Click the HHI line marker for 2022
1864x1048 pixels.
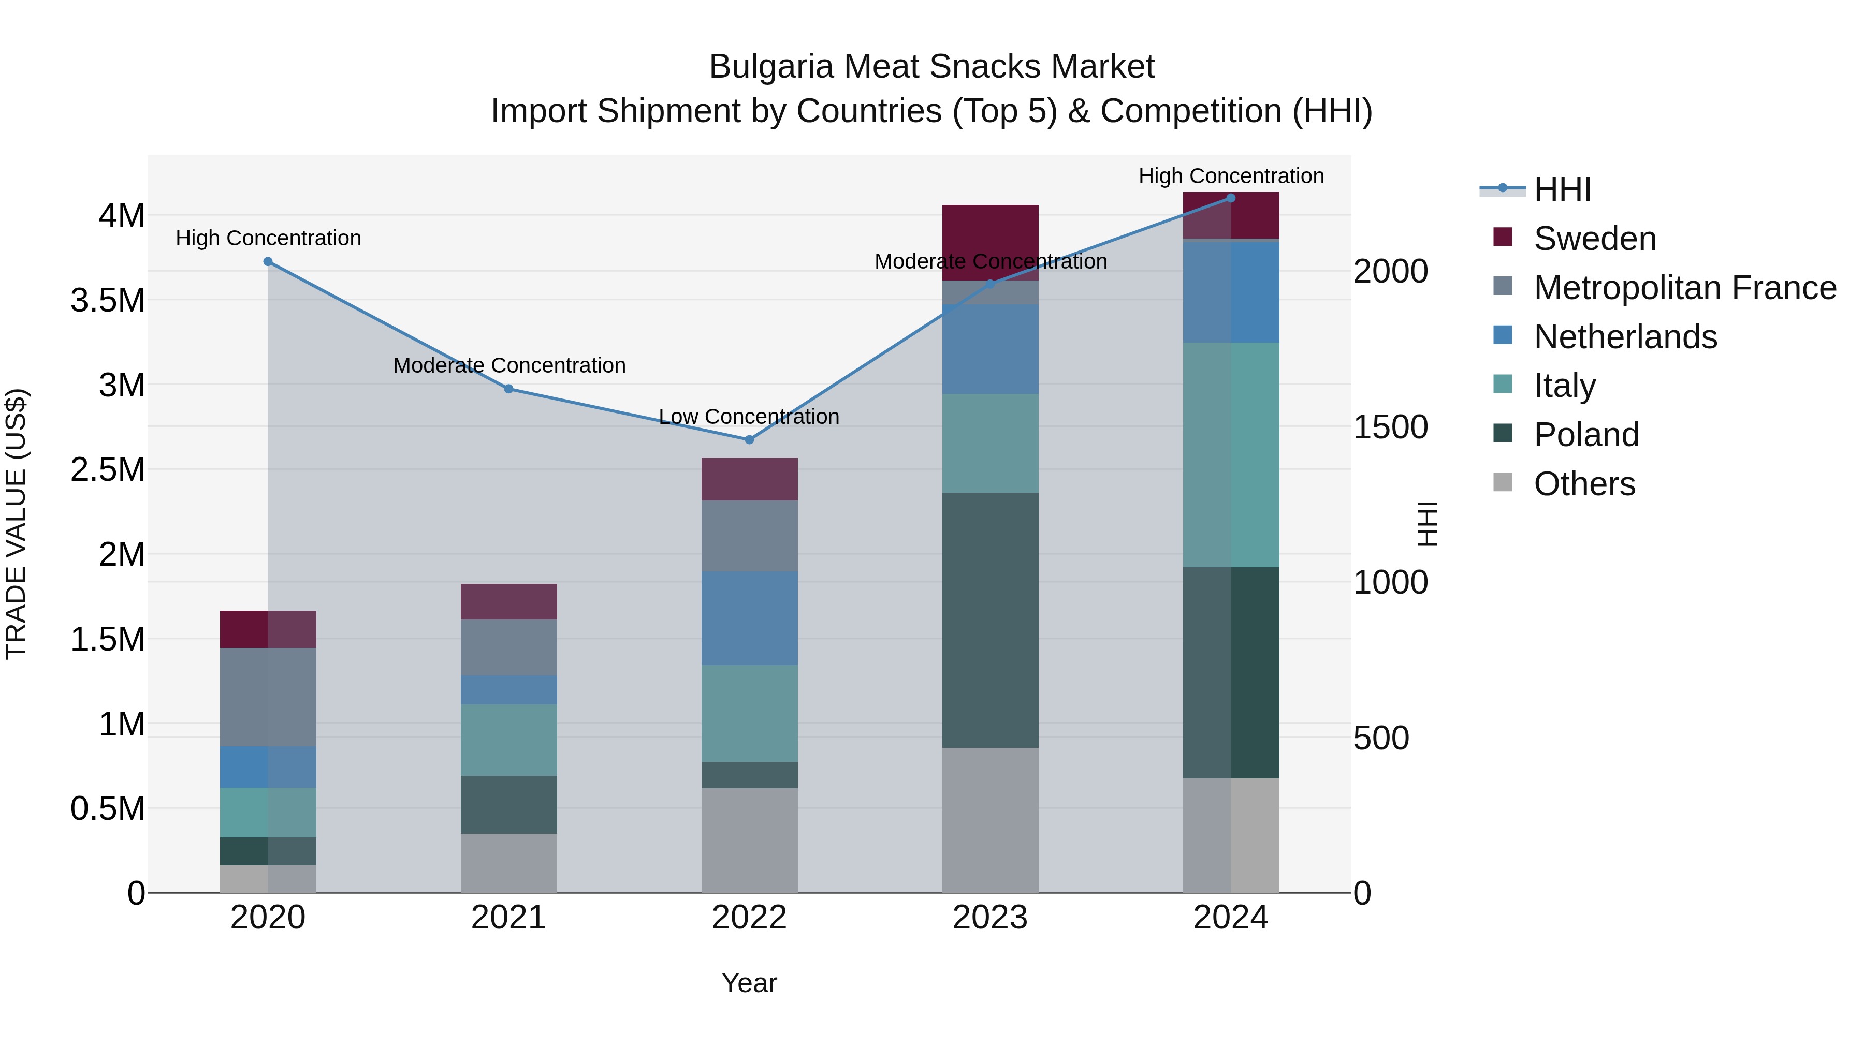(x=749, y=440)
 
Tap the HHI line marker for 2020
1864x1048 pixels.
(x=268, y=262)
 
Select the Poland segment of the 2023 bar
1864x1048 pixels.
(x=990, y=620)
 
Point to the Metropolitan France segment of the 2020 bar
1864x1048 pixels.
(x=268, y=697)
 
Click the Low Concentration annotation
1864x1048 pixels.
(x=749, y=417)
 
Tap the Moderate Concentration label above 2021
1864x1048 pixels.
(x=508, y=365)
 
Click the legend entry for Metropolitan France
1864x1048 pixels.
(x=1684, y=288)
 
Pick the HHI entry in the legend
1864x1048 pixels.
(x=1562, y=189)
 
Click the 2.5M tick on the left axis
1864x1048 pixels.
(x=107, y=469)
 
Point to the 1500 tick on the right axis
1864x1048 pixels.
(x=1390, y=427)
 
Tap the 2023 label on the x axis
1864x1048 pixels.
(x=990, y=918)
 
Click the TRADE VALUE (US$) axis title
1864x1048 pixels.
(x=16, y=524)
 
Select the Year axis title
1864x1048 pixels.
(x=749, y=983)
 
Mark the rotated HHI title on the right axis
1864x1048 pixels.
(x=1426, y=524)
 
